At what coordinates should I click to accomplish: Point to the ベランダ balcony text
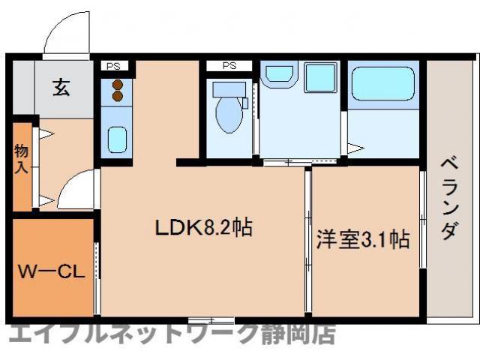[448, 196]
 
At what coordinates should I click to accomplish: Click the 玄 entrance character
[61, 88]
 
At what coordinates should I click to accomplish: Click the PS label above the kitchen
[115, 65]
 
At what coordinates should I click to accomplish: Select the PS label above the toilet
[229, 65]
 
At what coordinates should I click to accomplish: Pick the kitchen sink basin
[116, 139]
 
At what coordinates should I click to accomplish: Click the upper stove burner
[117, 85]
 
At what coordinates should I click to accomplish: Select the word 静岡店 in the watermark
[297, 334]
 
